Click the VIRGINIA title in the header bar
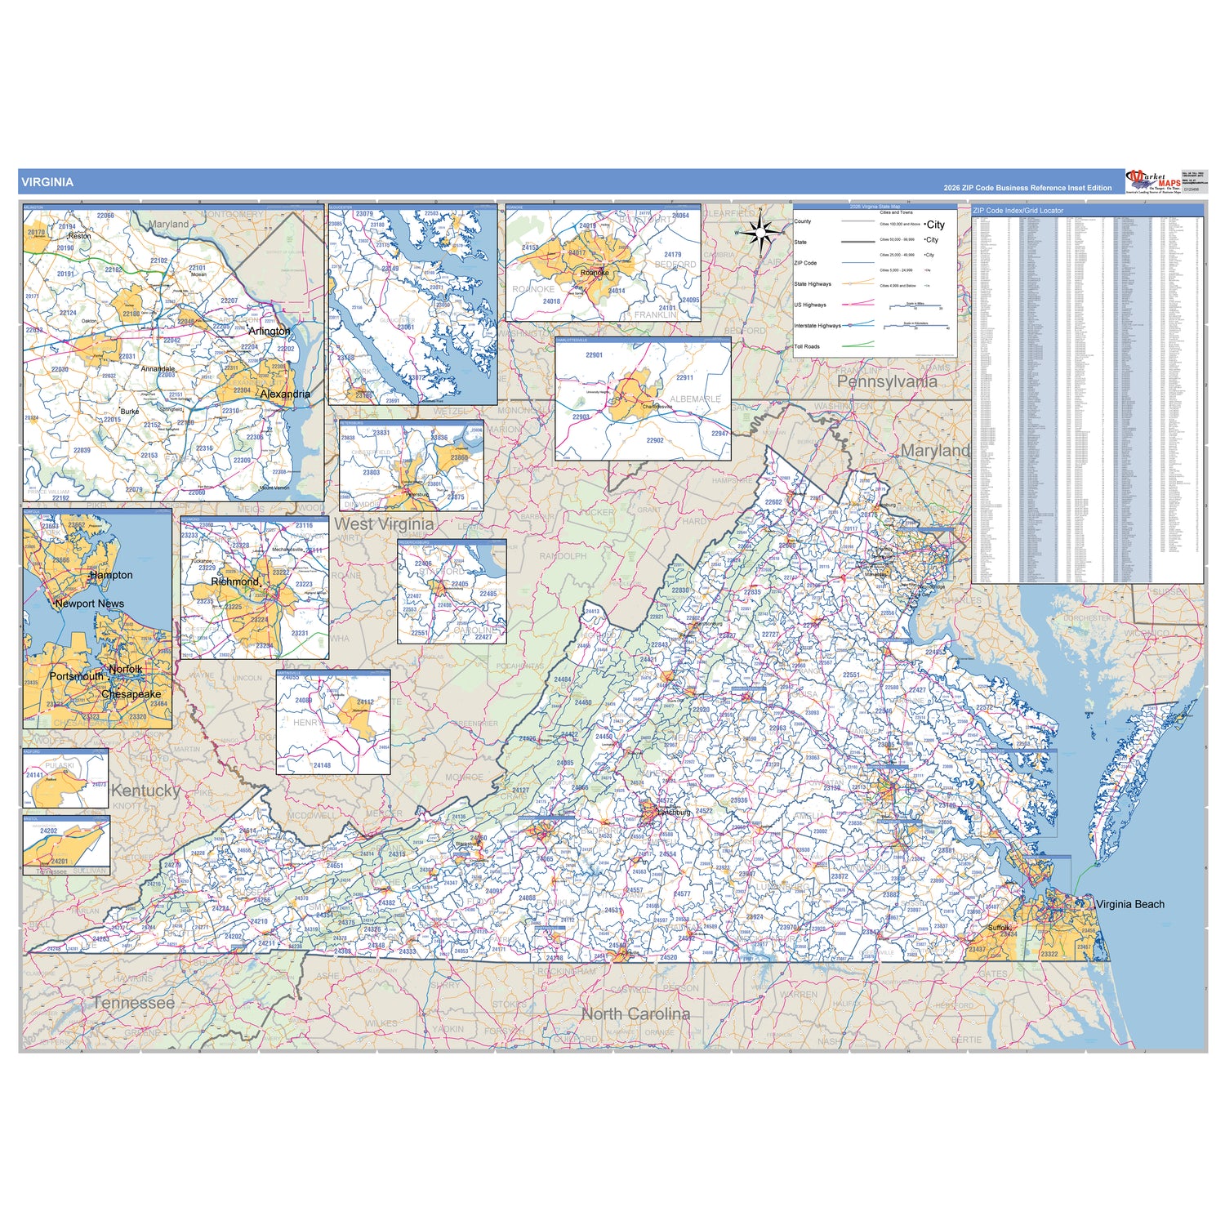point(47,182)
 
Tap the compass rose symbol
point(760,234)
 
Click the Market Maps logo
point(1153,181)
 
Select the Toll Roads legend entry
point(807,346)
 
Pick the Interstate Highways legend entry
point(817,326)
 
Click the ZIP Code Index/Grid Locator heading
point(1018,211)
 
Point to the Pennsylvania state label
point(887,381)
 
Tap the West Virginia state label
point(384,524)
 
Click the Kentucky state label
point(145,791)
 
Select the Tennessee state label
point(133,1002)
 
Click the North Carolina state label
point(635,1013)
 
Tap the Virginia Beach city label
point(1129,904)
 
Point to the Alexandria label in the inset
point(284,394)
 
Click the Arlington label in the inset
point(269,331)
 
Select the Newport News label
point(90,604)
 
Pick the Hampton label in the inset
point(111,575)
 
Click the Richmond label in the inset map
point(234,581)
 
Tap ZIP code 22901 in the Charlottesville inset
point(594,355)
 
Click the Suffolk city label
point(999,928)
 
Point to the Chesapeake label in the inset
point(131,694)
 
